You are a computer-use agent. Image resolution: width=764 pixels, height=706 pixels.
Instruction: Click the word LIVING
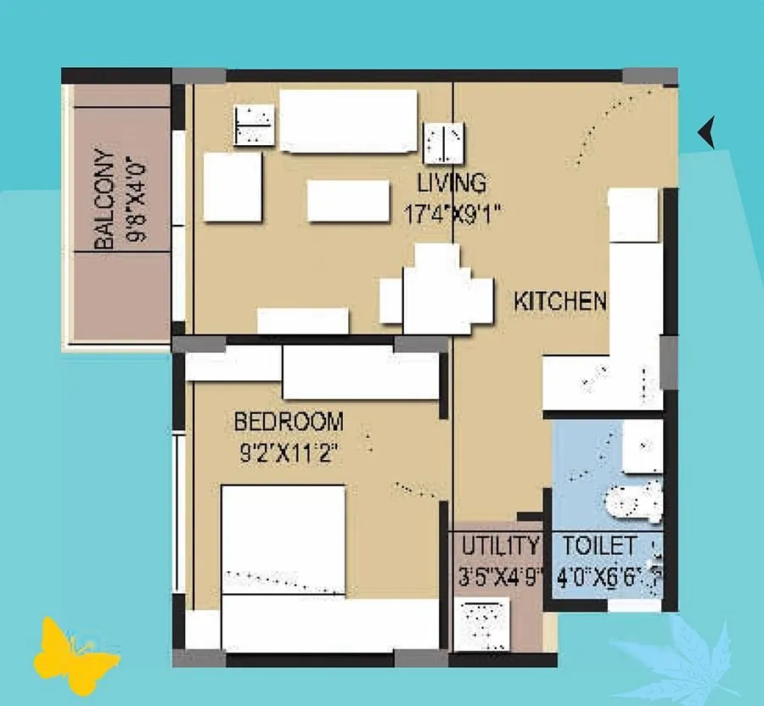[x=452, y=183]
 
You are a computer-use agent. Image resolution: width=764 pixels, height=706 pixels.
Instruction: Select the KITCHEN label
[x=560, y=300]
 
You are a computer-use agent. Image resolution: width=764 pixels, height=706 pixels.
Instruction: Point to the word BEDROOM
[x=289, y=421]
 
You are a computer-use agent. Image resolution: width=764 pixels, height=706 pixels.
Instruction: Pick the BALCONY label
[x=104, y=200]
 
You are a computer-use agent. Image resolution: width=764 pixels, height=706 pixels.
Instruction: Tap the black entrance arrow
[x=706, y=132]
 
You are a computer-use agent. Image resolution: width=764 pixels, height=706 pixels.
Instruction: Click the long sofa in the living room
[x=348, y=121]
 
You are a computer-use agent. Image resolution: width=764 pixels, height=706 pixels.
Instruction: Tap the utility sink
[x=481, y=624]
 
